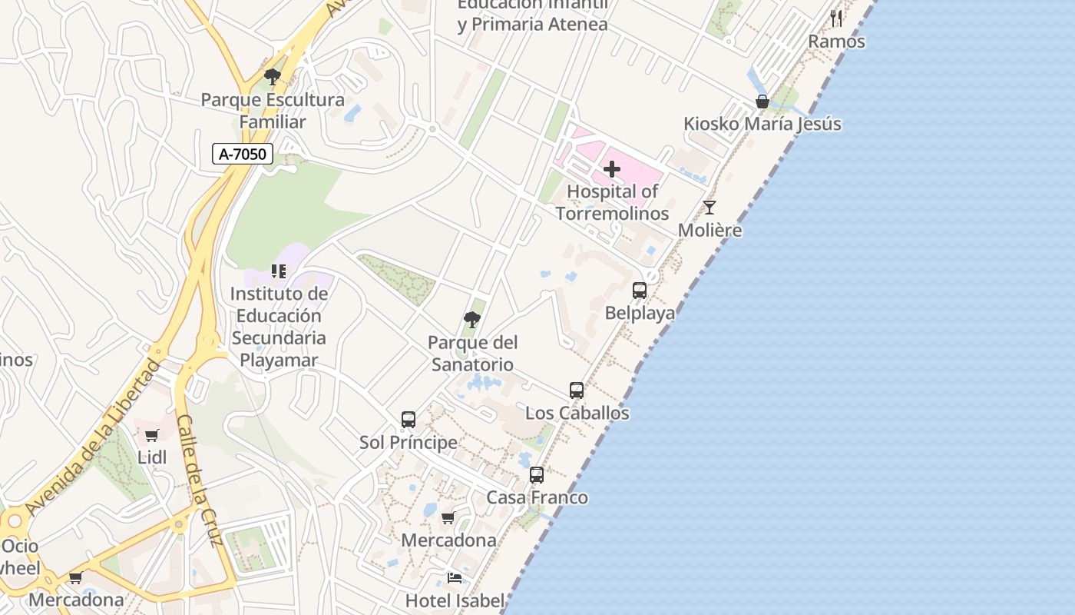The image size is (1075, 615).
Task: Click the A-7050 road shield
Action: (243, 154)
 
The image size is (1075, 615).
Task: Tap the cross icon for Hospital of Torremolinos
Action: (612, 168)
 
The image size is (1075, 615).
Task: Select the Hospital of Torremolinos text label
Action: (612, 202)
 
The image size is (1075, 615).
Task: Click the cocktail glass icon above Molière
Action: (709, 207)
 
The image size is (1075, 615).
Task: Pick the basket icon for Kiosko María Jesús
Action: (762, 101)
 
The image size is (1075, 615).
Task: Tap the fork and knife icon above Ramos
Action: (836, 18)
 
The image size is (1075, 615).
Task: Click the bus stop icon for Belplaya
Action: (640, 291)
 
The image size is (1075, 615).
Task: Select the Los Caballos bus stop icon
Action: (577, 391)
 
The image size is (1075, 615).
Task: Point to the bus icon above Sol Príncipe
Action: (408, 420)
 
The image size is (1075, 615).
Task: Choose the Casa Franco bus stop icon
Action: (537, 475)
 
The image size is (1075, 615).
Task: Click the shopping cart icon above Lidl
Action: (152, 435)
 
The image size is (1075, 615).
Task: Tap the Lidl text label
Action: (152, 457)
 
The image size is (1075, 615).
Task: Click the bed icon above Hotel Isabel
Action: (455, 578)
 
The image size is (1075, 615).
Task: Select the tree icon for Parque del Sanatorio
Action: (472, 320)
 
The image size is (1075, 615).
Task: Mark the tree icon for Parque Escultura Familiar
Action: (272, 77)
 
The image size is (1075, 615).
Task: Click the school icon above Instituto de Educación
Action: (279, 271)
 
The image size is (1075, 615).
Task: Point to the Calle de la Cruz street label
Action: (200, 480)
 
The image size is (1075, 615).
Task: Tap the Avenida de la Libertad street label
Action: (92, 437)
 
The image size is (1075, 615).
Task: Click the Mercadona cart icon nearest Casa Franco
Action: (448, 517)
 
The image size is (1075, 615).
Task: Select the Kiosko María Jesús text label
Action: (762, 124)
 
